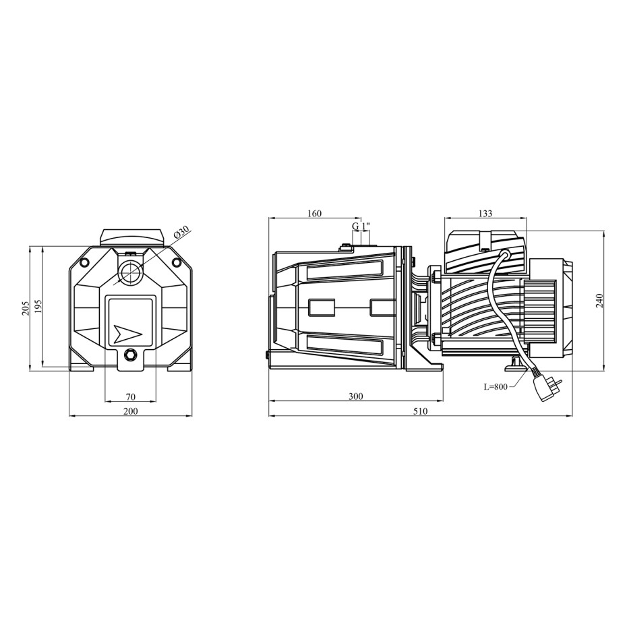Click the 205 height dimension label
point(25,307)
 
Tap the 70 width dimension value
point(131,397)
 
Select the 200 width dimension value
point(131,411)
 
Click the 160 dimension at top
point(314,214)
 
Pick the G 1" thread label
point(361,226)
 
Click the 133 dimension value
point(485,214)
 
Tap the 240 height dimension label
point(599,301)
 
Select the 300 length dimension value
point(355,396)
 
